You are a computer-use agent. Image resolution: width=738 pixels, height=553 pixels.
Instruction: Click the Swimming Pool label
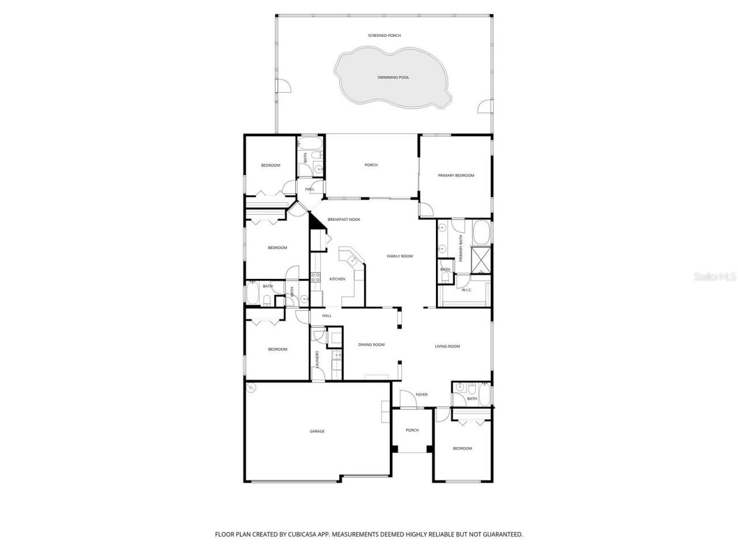coord(393,77)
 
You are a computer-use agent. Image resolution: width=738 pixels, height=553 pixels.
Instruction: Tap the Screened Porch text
coord(385,36)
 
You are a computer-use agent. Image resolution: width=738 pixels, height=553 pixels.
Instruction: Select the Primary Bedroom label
coord(455,175)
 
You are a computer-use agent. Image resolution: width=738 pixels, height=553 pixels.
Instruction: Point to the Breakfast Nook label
coord(344,219)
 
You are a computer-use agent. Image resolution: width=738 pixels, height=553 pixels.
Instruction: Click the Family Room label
coord(400,256)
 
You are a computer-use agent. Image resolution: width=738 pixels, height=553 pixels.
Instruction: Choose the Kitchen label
coord(337,279)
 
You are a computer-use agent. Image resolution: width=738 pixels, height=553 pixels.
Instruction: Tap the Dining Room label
coord(371,344)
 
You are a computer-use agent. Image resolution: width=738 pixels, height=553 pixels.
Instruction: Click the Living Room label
coord(447,346)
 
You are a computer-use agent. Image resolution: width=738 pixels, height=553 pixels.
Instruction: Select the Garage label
coord(317,431)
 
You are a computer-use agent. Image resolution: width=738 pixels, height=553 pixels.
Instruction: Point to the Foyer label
coord(421,395)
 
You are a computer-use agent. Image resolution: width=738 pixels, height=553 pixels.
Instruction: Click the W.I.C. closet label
coord(466,290)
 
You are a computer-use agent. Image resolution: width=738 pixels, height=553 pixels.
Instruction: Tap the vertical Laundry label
coord(317,359)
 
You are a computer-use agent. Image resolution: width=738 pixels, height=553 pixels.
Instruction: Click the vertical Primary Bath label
coord(461,249)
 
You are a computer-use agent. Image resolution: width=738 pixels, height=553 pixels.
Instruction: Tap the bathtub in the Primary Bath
coord(481,233)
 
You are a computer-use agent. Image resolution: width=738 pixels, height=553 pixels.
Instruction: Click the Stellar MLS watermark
coord(714,277)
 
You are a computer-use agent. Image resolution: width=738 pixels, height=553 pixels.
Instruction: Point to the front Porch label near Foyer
coord(412,430)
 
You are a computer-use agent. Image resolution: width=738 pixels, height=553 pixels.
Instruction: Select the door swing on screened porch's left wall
coord(283,86)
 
